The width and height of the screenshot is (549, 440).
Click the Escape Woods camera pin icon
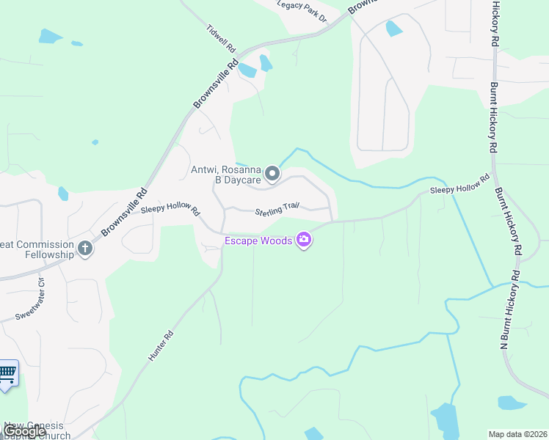point(303,240)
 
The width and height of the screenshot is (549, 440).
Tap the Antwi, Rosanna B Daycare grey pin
point(272,174)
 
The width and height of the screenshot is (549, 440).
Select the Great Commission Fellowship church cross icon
point(85,249)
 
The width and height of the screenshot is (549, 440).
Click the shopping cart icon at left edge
point(7,373)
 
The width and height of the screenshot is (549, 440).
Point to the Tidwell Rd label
point(220,37)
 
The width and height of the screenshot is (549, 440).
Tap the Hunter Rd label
point(161,345)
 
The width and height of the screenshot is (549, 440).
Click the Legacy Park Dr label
point(302,12)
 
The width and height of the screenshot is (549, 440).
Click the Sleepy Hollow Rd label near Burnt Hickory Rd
point(459,184)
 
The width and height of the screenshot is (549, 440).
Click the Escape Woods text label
point(258,240)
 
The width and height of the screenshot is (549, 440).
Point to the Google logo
point(24,431)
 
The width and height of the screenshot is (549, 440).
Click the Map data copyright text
point(517,433)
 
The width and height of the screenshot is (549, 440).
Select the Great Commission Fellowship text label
point(37,249)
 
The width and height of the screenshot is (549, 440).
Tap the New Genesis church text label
point(37,430)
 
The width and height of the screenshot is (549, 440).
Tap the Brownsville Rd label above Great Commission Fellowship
point(124,212)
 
